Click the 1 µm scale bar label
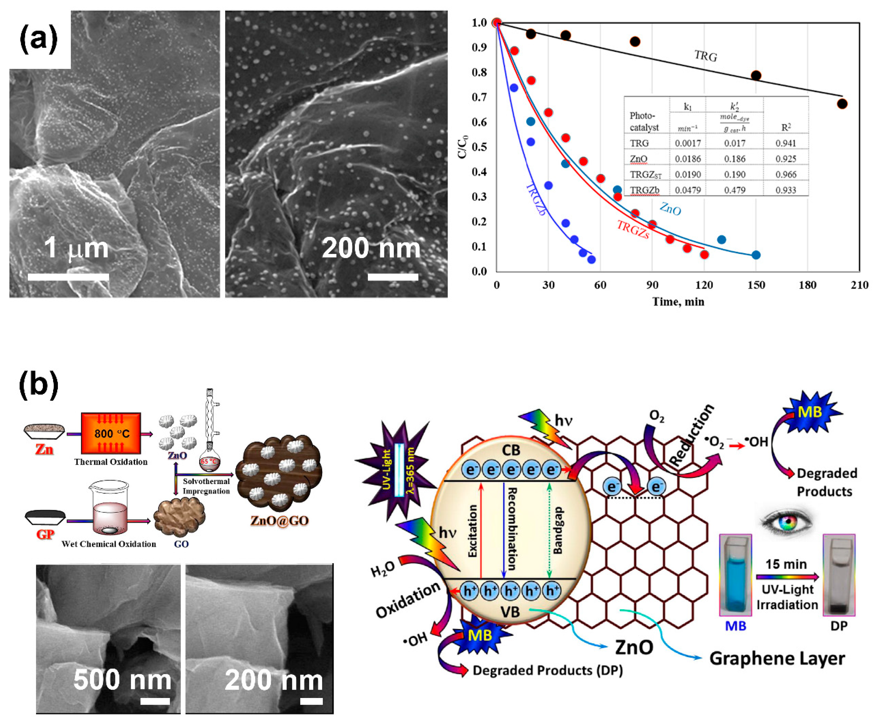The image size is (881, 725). click(x=76, y=248)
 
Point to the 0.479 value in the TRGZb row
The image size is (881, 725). click(x=734, y=190)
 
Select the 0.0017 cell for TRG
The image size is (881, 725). click(x=688, y=143)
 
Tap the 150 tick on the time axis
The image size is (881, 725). click(x=756, y=285)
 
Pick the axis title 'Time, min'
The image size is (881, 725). click(x=678, y=302)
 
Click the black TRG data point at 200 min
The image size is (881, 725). click(x=842, y=104)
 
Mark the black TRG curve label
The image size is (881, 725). click(x=706, y=56)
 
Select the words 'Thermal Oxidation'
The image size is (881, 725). click(x=111, y=462)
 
